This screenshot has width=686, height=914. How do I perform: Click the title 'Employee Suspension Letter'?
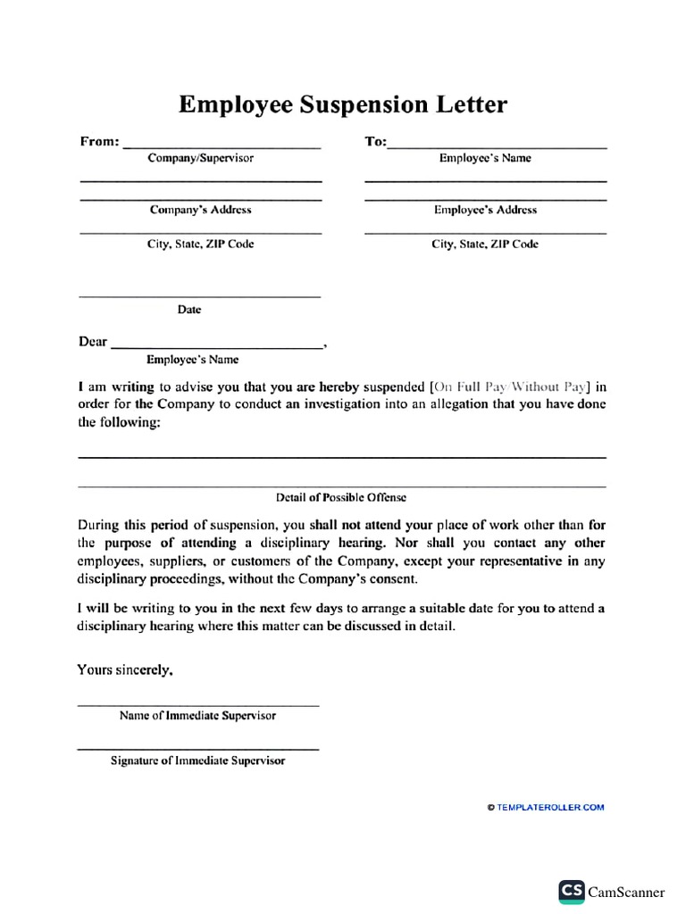[343, 104]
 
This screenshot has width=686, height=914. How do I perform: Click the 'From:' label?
[99, 142]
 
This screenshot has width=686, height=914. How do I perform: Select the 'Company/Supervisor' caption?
[200, 158]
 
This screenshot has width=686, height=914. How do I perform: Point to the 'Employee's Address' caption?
[485, 211]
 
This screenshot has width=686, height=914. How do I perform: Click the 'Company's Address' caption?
[200, 211]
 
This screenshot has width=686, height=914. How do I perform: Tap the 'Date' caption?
[189, 310]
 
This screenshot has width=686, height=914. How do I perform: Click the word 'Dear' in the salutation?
[93, 342]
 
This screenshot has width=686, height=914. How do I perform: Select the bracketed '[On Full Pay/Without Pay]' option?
[510, 387]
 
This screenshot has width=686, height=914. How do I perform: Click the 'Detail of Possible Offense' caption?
[341, 497]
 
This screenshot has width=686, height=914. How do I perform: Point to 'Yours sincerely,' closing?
[125, 670]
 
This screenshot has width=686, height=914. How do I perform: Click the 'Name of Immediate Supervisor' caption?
[197, 716]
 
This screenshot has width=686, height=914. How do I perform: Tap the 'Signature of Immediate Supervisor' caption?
[197, 761]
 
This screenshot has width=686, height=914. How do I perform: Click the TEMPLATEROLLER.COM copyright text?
[546, 808]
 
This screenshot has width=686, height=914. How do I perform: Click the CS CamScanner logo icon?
[572, 892]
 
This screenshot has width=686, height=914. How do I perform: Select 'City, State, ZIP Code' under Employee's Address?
[485, 245]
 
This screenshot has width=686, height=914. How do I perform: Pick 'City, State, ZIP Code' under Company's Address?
[200, 245]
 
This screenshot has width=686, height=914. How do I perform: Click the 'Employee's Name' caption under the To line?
[485, 158]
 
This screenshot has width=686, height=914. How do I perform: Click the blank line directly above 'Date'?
[200, 296]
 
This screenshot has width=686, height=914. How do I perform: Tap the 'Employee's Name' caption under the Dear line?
[192, 360]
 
